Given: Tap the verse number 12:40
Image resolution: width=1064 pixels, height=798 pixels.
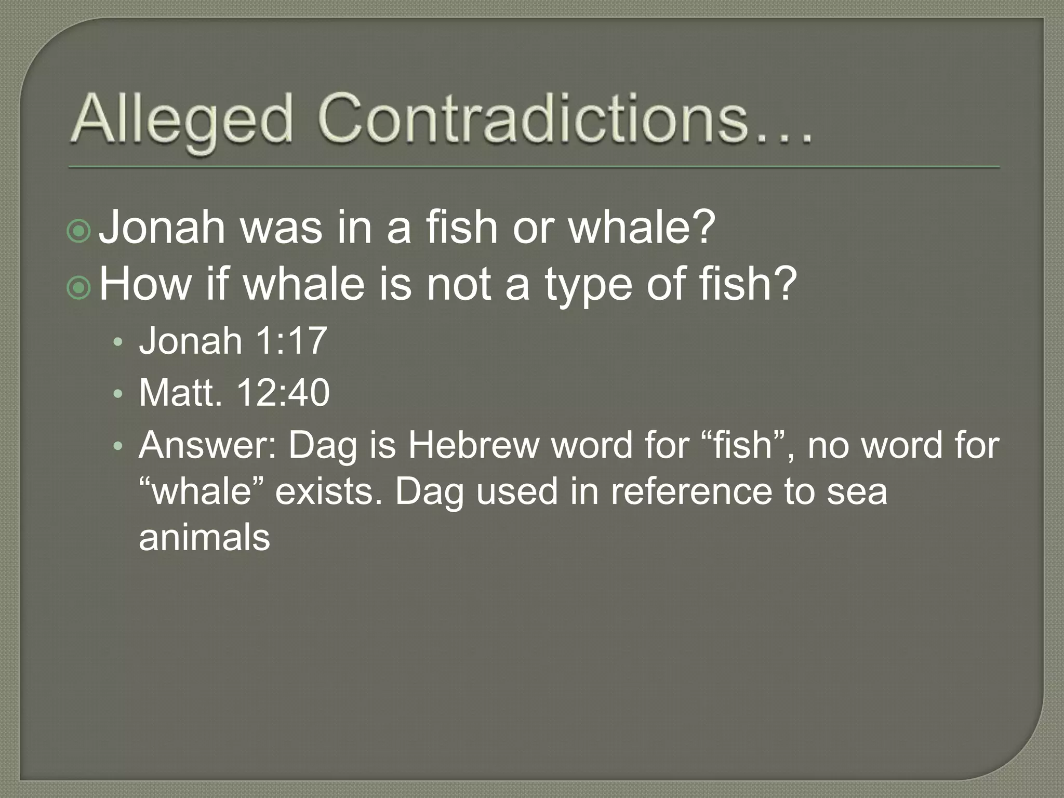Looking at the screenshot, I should coord(283,393).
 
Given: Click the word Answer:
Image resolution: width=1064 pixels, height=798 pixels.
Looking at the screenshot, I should coord(208,446).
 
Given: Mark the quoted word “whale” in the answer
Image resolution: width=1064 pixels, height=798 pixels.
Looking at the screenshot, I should coord(203,491).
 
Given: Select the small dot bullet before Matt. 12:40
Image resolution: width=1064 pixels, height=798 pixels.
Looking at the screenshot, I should coord(118,395).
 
